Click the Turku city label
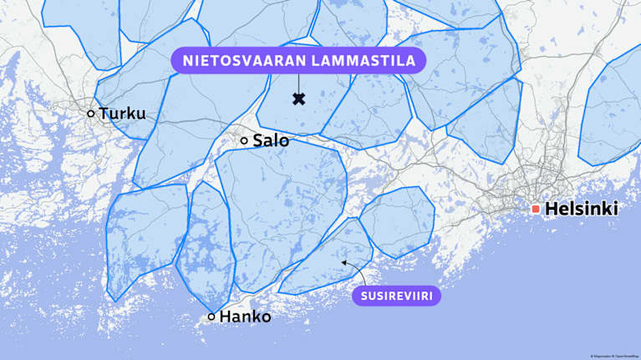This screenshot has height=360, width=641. coord(122,114)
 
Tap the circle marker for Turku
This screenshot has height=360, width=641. coord(91,113)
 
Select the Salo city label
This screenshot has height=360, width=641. coord(271,141)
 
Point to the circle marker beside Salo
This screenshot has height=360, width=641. coord(244,141)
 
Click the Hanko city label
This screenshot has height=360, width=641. coord(245,317)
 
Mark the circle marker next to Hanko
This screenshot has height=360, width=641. coord(211,317)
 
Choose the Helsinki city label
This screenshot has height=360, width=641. coord(581,210)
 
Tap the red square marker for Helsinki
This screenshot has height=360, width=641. coord(536,209)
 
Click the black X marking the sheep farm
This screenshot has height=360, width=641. coord(298,99)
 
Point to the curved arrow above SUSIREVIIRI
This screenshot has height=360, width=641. coord(355,270)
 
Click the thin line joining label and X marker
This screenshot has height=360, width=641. coord(298,84)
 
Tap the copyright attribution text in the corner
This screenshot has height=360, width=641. coord(613,356)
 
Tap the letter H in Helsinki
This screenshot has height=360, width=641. coord(551,210)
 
